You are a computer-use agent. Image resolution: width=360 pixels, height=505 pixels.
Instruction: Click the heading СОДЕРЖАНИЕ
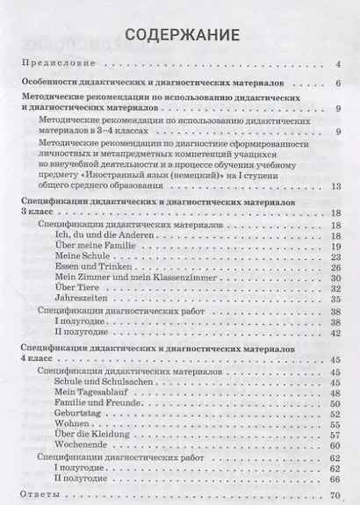point(180,36)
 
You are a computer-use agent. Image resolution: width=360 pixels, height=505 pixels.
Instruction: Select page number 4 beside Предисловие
point(337,65)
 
